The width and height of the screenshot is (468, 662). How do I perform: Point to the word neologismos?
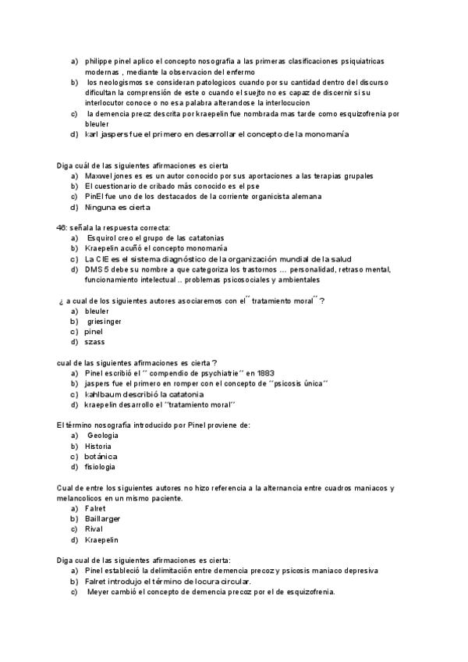tap(122, 82)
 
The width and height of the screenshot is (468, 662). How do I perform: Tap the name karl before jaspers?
tap(91, 134)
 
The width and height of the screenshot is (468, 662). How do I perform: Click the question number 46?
tap(63, 227)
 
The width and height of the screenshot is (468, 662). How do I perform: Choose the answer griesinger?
tap(105, 321)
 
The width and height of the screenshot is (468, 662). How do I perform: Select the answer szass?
tap(94, 342)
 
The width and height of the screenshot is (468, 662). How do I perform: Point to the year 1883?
tap(264, 373)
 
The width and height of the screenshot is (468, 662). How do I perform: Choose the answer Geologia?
tap(104, 435)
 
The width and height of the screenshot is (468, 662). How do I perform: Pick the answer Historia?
tap(98, 446)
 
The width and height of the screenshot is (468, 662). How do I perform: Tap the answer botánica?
tap(101, 456)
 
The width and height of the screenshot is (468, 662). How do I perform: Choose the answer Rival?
tap(94, 529)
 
